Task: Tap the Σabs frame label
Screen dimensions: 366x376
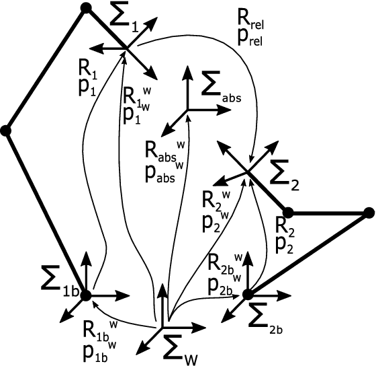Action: (220, 89)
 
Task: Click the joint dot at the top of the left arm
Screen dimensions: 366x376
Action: (85, 8)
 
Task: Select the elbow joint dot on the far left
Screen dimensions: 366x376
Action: (6, 131)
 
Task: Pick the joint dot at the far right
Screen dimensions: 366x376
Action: (367, 213)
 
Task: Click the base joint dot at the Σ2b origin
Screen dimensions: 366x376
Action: (248, 294)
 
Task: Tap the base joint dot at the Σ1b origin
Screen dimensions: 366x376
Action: (86, 294)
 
